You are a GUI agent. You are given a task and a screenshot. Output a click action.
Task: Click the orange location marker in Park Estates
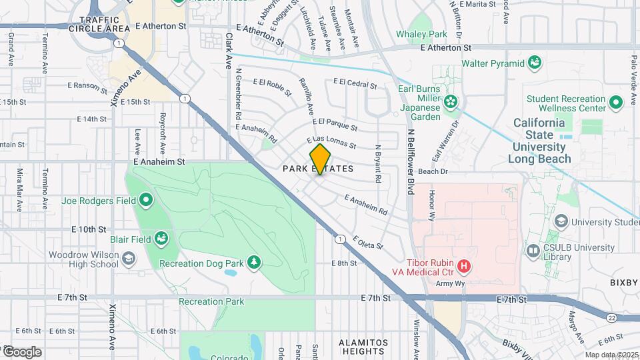320,159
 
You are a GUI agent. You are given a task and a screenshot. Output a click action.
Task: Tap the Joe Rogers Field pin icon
146,200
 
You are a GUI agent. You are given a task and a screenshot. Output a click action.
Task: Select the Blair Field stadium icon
161,238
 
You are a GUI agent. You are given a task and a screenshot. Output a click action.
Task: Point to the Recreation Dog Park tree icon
253,263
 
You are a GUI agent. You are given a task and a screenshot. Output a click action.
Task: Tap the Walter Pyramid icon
534,63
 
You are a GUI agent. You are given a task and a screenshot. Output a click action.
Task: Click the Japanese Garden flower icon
451,102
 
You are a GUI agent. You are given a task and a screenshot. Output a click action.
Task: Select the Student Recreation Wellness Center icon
615,103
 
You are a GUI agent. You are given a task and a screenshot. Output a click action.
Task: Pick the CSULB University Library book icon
533,251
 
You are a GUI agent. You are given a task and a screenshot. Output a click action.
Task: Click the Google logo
22,351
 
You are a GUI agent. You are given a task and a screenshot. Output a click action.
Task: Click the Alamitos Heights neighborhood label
354,347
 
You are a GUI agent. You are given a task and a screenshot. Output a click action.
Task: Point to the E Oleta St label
368,242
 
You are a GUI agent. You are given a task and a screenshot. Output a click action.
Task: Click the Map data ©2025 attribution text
611,355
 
